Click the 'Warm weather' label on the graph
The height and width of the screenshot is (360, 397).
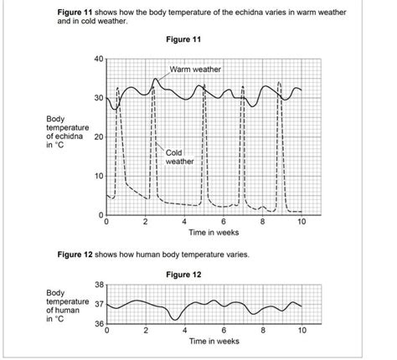(195, 69)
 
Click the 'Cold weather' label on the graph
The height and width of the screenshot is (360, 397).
(179, 157)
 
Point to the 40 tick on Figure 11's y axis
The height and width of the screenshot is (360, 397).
(97, 59)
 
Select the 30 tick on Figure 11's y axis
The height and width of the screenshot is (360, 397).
(97, 98)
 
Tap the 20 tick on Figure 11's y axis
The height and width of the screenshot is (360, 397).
(97, 137)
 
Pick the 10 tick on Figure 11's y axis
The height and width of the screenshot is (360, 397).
(97, 177)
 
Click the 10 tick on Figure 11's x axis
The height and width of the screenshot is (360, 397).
(302, 223)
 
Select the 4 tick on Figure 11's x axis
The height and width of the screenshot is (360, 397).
(184, 223)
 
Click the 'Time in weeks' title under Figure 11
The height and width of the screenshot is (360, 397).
(214, 233)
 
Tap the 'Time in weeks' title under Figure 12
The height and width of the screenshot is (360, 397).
(214, 342)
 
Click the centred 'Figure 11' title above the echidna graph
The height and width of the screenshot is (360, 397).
(184, 39)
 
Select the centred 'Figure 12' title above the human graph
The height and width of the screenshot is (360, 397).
(184, 274)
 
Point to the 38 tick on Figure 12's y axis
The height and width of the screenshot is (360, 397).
(97, 285)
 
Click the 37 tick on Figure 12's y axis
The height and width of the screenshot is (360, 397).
(97, 305)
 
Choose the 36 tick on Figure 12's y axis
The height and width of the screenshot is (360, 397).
(97, 324)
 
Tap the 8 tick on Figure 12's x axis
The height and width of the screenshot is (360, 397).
(262, 331)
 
